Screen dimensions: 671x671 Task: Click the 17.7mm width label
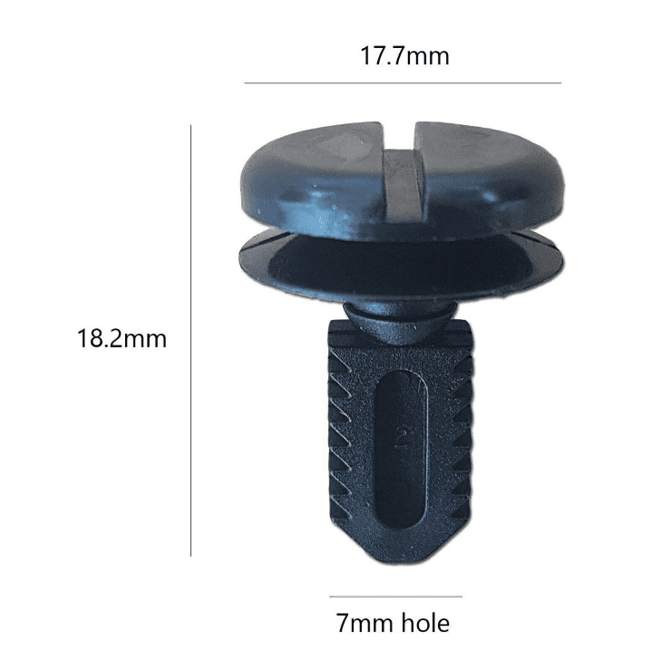[404, 55]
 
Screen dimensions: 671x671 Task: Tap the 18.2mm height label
[122, 338]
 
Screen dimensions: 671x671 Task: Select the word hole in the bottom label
[425, 623]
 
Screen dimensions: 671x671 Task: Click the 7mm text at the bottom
[365, 623]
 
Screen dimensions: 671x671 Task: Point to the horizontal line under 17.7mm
[403, 83]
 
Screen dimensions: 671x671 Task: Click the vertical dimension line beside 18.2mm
[190, 341]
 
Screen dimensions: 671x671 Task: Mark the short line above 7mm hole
[396, 596]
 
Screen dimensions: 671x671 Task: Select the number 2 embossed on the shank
[403, 436]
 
